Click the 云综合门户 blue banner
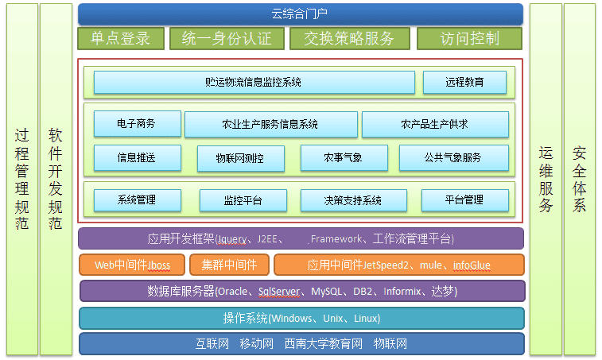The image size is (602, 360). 301,14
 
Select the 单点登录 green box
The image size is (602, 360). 121,38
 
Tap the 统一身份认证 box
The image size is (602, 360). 227,38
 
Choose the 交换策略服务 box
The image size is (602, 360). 350,38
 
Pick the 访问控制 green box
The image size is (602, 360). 469,38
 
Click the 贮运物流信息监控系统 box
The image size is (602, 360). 254,82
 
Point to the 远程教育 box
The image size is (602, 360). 464,82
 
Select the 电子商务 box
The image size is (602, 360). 137,124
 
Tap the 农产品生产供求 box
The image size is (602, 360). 435,124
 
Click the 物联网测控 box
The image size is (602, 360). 241,158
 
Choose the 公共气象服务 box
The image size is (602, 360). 454,157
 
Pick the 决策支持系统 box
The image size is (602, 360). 354,200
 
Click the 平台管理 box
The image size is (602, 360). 465,200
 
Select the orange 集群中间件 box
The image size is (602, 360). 230,265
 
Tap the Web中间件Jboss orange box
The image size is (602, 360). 132,265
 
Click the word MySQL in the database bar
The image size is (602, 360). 326,292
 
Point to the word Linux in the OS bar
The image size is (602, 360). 366,319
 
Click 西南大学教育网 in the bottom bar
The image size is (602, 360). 324,344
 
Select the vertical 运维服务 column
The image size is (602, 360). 546,180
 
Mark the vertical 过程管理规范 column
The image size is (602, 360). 22,180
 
